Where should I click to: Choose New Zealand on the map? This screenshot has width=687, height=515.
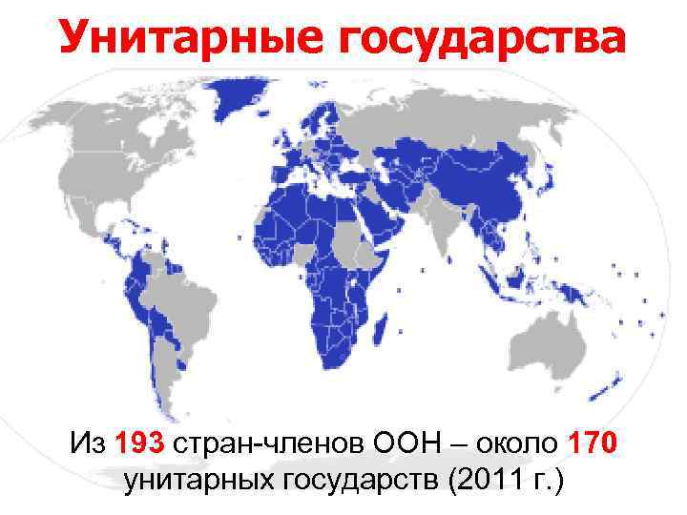(x=607, y=381)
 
